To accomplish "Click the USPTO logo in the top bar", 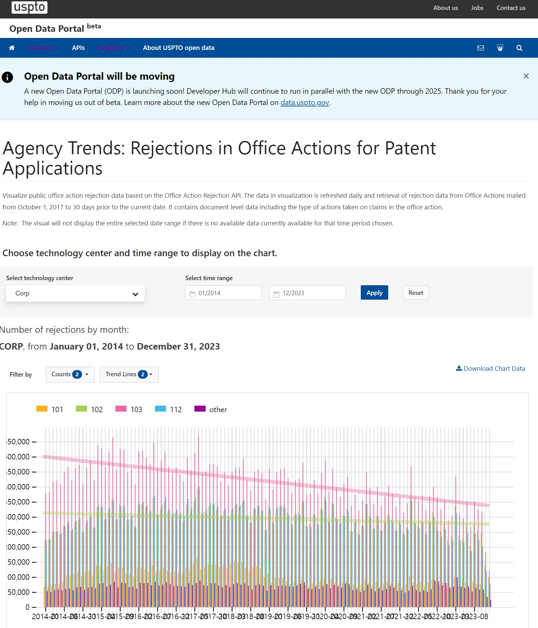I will tap(29, 7).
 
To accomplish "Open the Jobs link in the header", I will tap(477, 8).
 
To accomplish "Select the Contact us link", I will tap(511, 8).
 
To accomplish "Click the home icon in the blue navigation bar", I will tap(12, 48).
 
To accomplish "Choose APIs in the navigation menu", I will tap(78, 48).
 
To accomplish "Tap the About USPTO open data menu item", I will tap(179, 48).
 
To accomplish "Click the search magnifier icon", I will tap(519, 48).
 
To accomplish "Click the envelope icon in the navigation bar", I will tap(481, 48).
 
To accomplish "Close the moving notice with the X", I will tap(526, 76).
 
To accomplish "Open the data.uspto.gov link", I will tap(304, 103).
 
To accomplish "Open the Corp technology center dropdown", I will tap(75, 293).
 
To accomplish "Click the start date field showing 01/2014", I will tap(224, 293).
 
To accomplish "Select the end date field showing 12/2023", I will tap(307, 293).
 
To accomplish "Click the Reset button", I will tap(416, 293).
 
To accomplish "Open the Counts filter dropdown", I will tap(70, 375).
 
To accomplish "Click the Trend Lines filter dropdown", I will tap(129, 375).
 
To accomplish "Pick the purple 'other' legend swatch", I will tap(200, 409).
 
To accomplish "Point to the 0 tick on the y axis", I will tap(28, 607).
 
